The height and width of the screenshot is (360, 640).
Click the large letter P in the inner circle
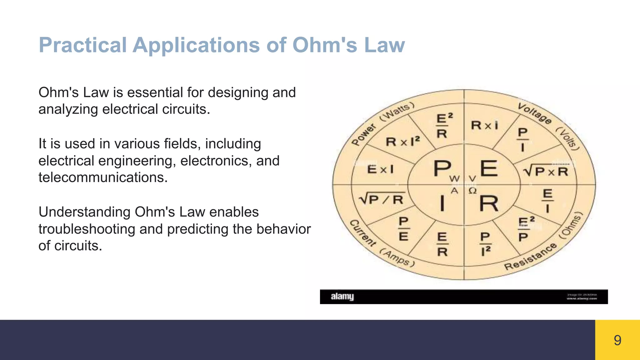click(442, 169)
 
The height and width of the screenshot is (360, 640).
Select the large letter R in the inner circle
click(489, 204)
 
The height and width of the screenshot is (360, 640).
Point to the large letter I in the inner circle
click(442, 203)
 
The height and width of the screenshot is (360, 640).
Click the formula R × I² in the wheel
click(402, 142)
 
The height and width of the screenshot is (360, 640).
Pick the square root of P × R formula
click(545, 171)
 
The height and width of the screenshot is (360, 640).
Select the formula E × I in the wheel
click(380, 169)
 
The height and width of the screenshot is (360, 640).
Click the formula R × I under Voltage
click(484, 125)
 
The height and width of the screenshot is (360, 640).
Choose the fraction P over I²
click(485, 244)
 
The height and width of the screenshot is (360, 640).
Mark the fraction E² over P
click(526, 229)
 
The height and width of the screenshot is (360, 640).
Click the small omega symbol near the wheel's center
click(472, 190)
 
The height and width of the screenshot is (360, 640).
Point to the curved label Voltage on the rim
click(534, 113)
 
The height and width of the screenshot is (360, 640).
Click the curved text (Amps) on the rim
click(397, 258)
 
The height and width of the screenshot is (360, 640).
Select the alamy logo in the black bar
click(342, 296)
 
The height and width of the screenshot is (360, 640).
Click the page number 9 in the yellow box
click(617, 340)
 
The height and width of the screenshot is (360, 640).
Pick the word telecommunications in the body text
click(103, 177)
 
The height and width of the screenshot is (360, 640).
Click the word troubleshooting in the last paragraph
click(87, 229)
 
